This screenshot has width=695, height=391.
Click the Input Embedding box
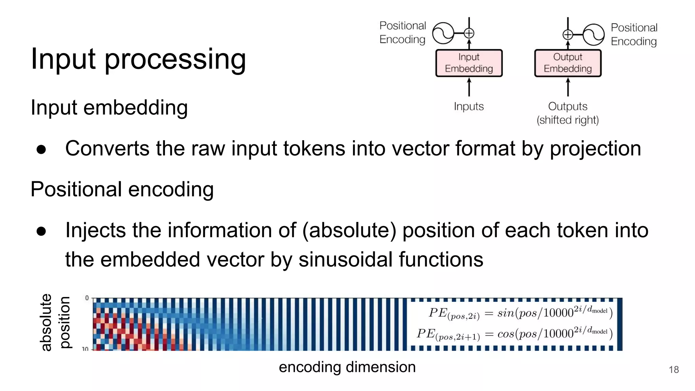click(469, 63)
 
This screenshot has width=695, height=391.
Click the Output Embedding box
click(567, 63)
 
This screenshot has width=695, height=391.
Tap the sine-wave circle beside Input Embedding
click(443, 33)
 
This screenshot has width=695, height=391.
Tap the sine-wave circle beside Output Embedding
click(594, 34)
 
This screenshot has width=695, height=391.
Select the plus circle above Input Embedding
click(469, 33)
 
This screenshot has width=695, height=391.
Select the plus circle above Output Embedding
click(568, 34)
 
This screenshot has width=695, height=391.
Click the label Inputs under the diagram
click(469, 107)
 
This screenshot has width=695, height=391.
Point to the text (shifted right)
click(567, 120)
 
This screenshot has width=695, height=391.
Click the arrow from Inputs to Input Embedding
click(469, 87)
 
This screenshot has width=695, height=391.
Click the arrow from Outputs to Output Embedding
click(568, 87)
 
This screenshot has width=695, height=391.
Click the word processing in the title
click(175, 59)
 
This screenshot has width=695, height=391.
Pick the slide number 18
click(674, 370)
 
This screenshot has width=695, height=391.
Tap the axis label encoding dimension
click(347, 367)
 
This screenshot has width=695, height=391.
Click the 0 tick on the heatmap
click(87, 298)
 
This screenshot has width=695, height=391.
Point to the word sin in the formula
click(505, 313)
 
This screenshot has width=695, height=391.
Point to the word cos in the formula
click(506, 334)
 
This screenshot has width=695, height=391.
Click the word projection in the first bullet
click(595, 149)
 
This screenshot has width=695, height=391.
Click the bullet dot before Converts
click(41, 149)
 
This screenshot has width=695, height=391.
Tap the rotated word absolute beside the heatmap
click(46, 322)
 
